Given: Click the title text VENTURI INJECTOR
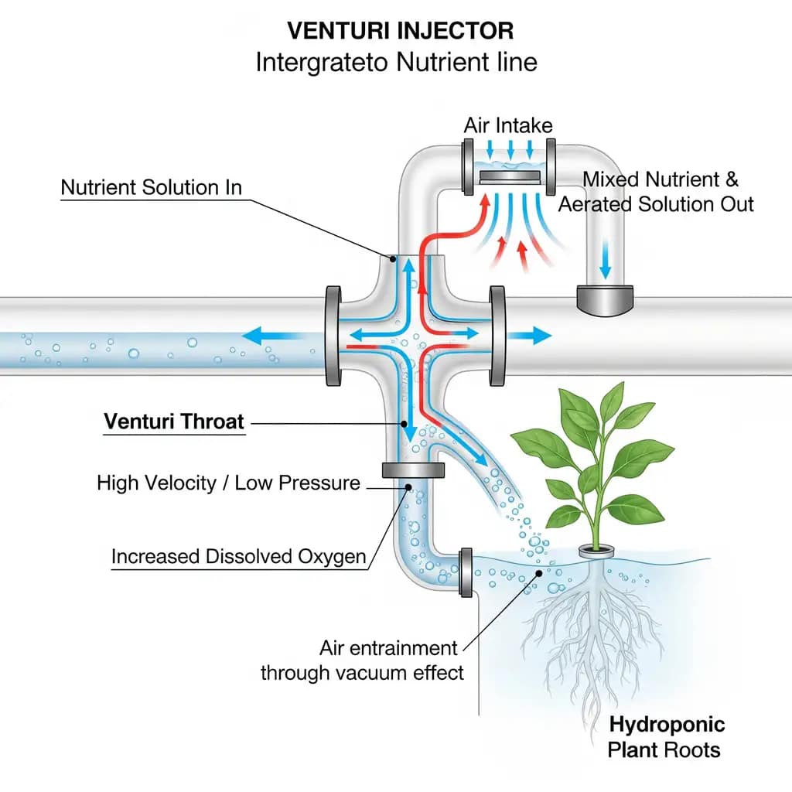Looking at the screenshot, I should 400,31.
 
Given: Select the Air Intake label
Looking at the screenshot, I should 508,125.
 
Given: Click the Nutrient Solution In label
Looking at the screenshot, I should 151,188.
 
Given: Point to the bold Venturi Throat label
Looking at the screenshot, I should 174,422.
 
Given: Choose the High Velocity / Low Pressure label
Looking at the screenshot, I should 228,483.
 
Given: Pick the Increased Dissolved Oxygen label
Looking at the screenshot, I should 238,557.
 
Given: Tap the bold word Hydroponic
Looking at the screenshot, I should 667,725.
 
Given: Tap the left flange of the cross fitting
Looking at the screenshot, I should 333,336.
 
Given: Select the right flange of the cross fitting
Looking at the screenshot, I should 497,336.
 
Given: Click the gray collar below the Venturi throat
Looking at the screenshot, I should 412,470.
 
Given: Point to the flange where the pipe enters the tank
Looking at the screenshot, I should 466,572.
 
